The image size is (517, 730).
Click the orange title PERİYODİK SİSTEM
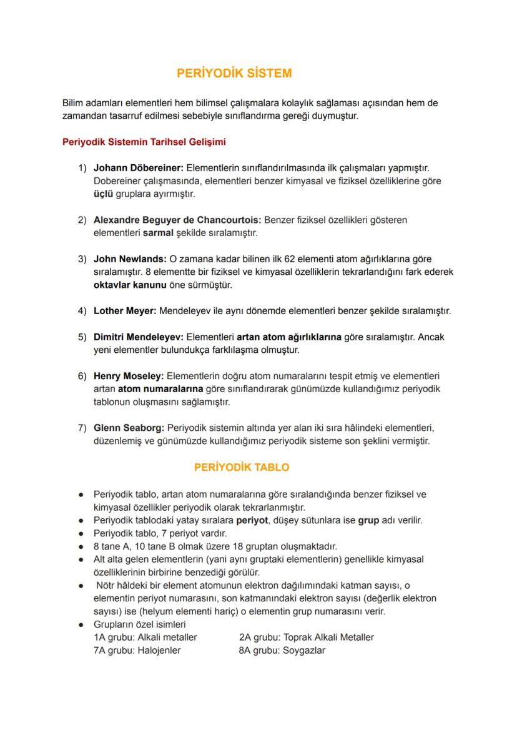234,73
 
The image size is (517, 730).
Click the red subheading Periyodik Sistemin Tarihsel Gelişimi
144,142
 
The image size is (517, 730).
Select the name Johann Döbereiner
139,168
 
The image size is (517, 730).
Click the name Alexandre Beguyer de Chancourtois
177,220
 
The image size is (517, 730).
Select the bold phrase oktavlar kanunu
129,285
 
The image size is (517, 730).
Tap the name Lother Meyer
125,310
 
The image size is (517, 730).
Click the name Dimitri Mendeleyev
138,337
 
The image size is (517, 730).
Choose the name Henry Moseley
128,376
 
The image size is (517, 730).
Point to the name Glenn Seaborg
129,428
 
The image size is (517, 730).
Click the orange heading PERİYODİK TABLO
242,467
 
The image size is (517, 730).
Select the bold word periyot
252,520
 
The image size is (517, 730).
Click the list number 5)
82,337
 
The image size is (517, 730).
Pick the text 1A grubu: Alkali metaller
145,637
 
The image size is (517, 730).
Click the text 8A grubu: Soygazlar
282,650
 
